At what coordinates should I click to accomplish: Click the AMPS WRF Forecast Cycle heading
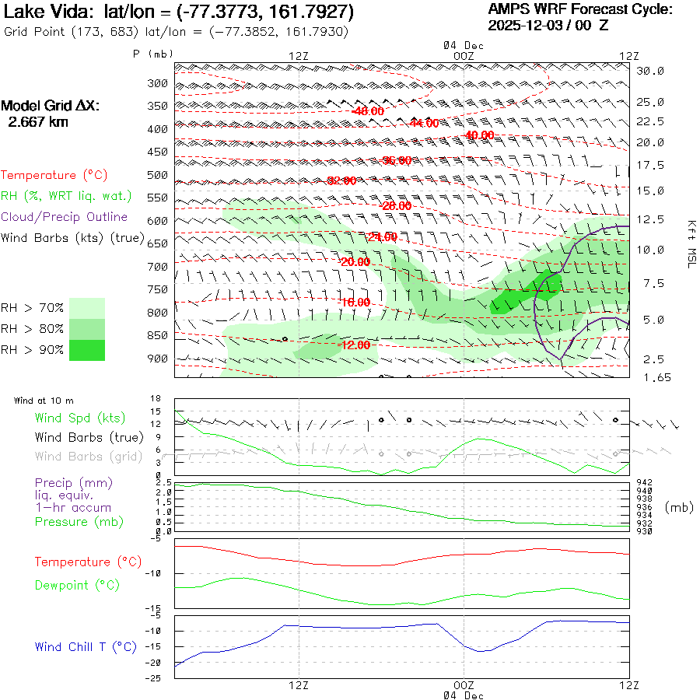point(580,9)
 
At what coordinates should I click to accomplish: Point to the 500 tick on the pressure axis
point(158,175)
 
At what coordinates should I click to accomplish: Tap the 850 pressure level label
point(158,336)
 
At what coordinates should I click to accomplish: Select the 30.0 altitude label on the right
point(650,71)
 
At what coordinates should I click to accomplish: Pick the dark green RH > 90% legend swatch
point(87,350)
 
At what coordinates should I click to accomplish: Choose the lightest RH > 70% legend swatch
point(87,308)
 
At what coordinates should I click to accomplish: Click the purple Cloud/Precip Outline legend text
point(65,217)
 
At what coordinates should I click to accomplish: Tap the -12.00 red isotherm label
point(354,345)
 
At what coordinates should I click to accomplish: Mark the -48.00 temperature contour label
point(367,111)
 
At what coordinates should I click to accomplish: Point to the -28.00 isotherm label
point(396,206)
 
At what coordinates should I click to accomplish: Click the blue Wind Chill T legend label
point(86,646)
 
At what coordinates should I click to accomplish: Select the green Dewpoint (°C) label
point(77,585)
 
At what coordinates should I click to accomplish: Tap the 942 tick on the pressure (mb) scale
point(644,483)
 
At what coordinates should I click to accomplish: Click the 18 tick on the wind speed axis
point(156,399)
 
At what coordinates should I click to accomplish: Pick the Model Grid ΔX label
point(51,106)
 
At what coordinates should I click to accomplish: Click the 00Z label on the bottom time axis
point(464,685)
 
